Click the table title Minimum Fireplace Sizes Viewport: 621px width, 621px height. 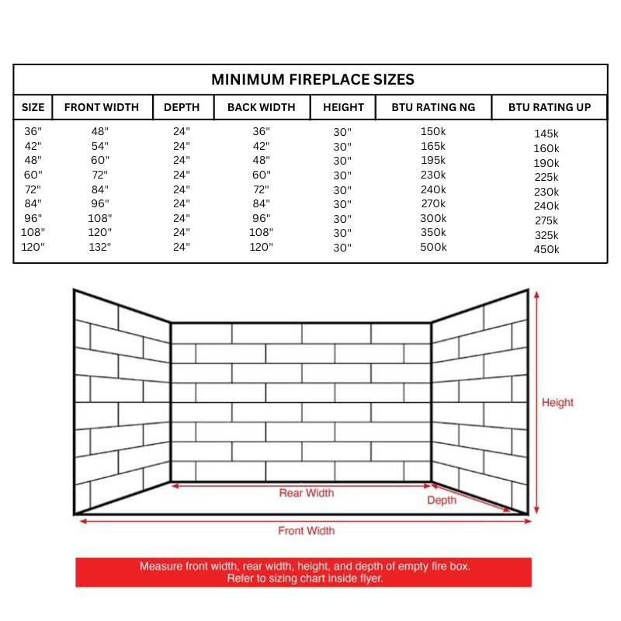(313, 79)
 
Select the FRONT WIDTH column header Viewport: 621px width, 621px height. (102, 107)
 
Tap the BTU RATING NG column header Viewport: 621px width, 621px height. (433, 107)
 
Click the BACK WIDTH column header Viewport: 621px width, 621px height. (261, 107)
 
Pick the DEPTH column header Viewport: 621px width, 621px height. (182, 107)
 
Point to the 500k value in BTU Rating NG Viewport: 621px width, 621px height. (433, 247)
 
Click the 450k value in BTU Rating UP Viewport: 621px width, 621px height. (546, 249)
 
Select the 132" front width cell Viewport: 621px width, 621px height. (101, 247)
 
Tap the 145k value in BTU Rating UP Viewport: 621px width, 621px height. (546, 134)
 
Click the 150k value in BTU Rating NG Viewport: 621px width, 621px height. (433, 131)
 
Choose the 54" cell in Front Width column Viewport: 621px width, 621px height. (101, 146)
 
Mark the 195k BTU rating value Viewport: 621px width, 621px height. (433, 160)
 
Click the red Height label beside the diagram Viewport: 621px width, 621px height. (557, 403)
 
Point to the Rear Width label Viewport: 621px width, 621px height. (307, 493)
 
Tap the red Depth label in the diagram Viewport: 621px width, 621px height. (442, 501)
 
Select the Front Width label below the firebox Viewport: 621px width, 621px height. (307, 531)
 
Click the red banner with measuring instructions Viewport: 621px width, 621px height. (304, 572)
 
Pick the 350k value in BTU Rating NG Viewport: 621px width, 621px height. (433, 232)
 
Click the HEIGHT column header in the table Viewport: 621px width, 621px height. (343, 107)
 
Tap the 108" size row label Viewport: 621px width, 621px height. (33, 232)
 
